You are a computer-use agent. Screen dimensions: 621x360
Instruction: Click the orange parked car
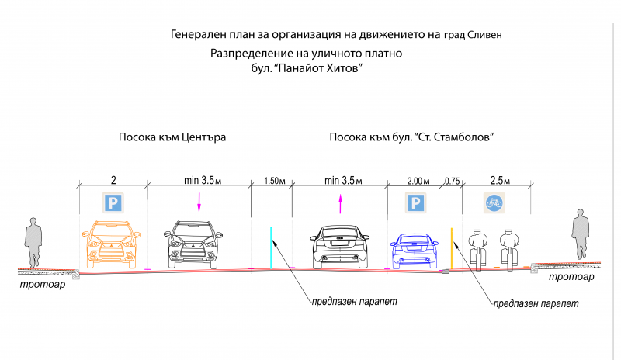point(112,244)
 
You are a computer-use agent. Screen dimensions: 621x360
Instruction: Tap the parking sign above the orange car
point(113,202)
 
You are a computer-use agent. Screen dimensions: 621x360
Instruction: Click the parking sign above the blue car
point(415,202)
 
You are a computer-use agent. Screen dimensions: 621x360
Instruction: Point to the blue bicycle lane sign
point(494,202)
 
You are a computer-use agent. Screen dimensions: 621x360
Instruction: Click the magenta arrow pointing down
point(199,202)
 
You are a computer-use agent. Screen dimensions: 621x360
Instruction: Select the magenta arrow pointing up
point(340,203)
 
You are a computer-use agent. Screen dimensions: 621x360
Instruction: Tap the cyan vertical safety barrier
point(271,248)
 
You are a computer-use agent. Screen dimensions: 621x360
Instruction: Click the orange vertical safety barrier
point(452,248)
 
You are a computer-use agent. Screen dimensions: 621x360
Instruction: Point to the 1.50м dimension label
point(275,181)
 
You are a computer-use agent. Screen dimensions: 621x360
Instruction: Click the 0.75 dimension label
point(452,181)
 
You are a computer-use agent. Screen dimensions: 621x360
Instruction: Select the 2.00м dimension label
point(418,181)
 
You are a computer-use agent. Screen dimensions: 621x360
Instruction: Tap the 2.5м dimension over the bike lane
point(500,181)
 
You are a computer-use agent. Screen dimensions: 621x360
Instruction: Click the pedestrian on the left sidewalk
point(33,242)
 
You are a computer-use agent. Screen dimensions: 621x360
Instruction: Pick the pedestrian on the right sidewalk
point(581,234)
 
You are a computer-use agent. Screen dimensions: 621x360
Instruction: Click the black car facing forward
point(193,244)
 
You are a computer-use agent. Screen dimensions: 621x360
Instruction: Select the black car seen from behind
point(340,247)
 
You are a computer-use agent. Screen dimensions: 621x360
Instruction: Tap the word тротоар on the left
point(43,284)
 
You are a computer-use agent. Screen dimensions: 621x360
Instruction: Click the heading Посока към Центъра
point(172,137)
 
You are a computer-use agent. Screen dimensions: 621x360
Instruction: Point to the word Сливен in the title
point(484,35)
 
